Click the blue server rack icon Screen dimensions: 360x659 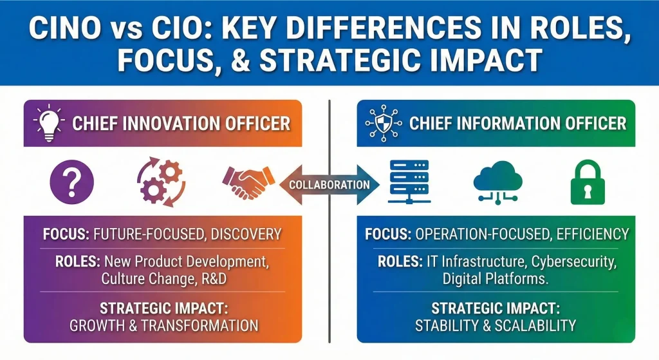point(409,182)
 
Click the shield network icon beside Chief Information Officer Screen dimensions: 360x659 point(382,122)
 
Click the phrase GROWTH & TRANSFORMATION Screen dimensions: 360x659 point(164,325)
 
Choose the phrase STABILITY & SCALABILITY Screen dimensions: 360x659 point(495,325)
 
